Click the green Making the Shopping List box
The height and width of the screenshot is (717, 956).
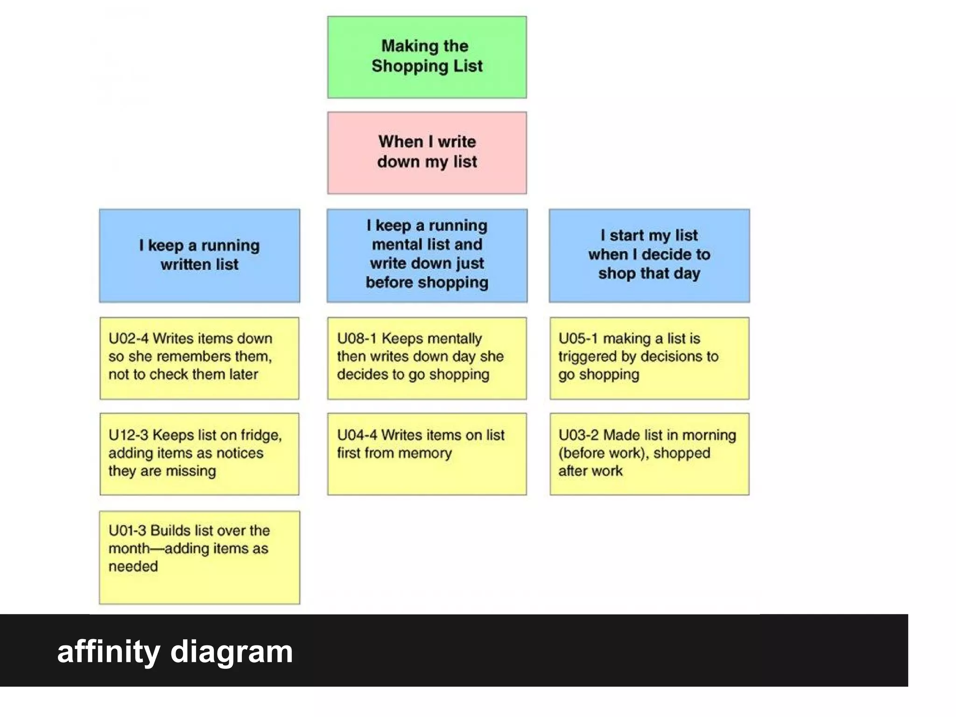(427, 57)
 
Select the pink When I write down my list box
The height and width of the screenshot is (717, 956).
(427, 153)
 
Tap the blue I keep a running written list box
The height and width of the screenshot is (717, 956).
(199, 255)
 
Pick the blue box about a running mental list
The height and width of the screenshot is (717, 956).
(427, 255)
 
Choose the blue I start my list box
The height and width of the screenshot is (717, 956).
(649, 255)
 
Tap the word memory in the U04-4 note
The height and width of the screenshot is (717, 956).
(428, 453)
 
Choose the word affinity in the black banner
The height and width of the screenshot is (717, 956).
(108, 652)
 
